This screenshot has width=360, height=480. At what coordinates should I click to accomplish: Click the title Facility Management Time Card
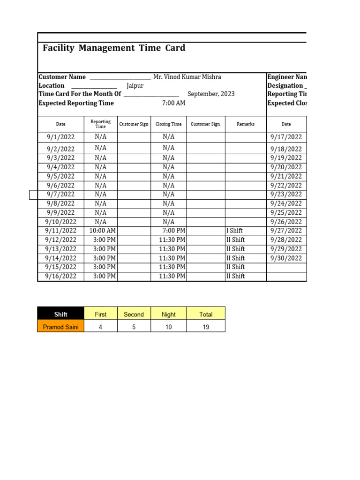click(x=114, y=48)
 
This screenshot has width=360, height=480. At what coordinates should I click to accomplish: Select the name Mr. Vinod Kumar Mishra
click(x=187, y=77)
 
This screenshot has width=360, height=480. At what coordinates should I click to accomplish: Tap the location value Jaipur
click(x=135, y=86)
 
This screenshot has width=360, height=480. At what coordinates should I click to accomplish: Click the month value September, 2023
click(x=211, y=94)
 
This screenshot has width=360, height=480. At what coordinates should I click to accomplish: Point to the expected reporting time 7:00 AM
click(x=173, y=103)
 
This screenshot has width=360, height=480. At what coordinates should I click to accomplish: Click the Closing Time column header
click(x=168, y=124)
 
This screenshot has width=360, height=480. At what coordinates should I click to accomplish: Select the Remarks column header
click(x=246, y=124)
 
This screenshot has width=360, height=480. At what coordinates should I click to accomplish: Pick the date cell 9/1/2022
click(x=61, y=137)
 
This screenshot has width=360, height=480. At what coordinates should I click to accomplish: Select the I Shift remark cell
click(x=234, y=231)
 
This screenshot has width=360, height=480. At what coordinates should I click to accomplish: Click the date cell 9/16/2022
click(x=61, y=276)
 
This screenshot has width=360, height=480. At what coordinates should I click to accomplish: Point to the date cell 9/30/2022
click(x=286, y=258)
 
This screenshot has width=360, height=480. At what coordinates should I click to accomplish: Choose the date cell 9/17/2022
click(x=286, y=137)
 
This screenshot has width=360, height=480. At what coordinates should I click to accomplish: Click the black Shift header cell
click(x=61, y=315)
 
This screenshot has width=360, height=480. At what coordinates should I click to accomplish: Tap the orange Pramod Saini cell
click(x=61, y=327)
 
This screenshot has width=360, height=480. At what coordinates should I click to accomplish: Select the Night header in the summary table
click(x=168, y=315)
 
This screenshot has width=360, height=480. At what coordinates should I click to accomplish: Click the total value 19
click(x=206, y=327)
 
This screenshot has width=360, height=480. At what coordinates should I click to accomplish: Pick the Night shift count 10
click(x=168, y=327)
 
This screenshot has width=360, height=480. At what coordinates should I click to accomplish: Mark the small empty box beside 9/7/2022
click(x=33, y=195)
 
